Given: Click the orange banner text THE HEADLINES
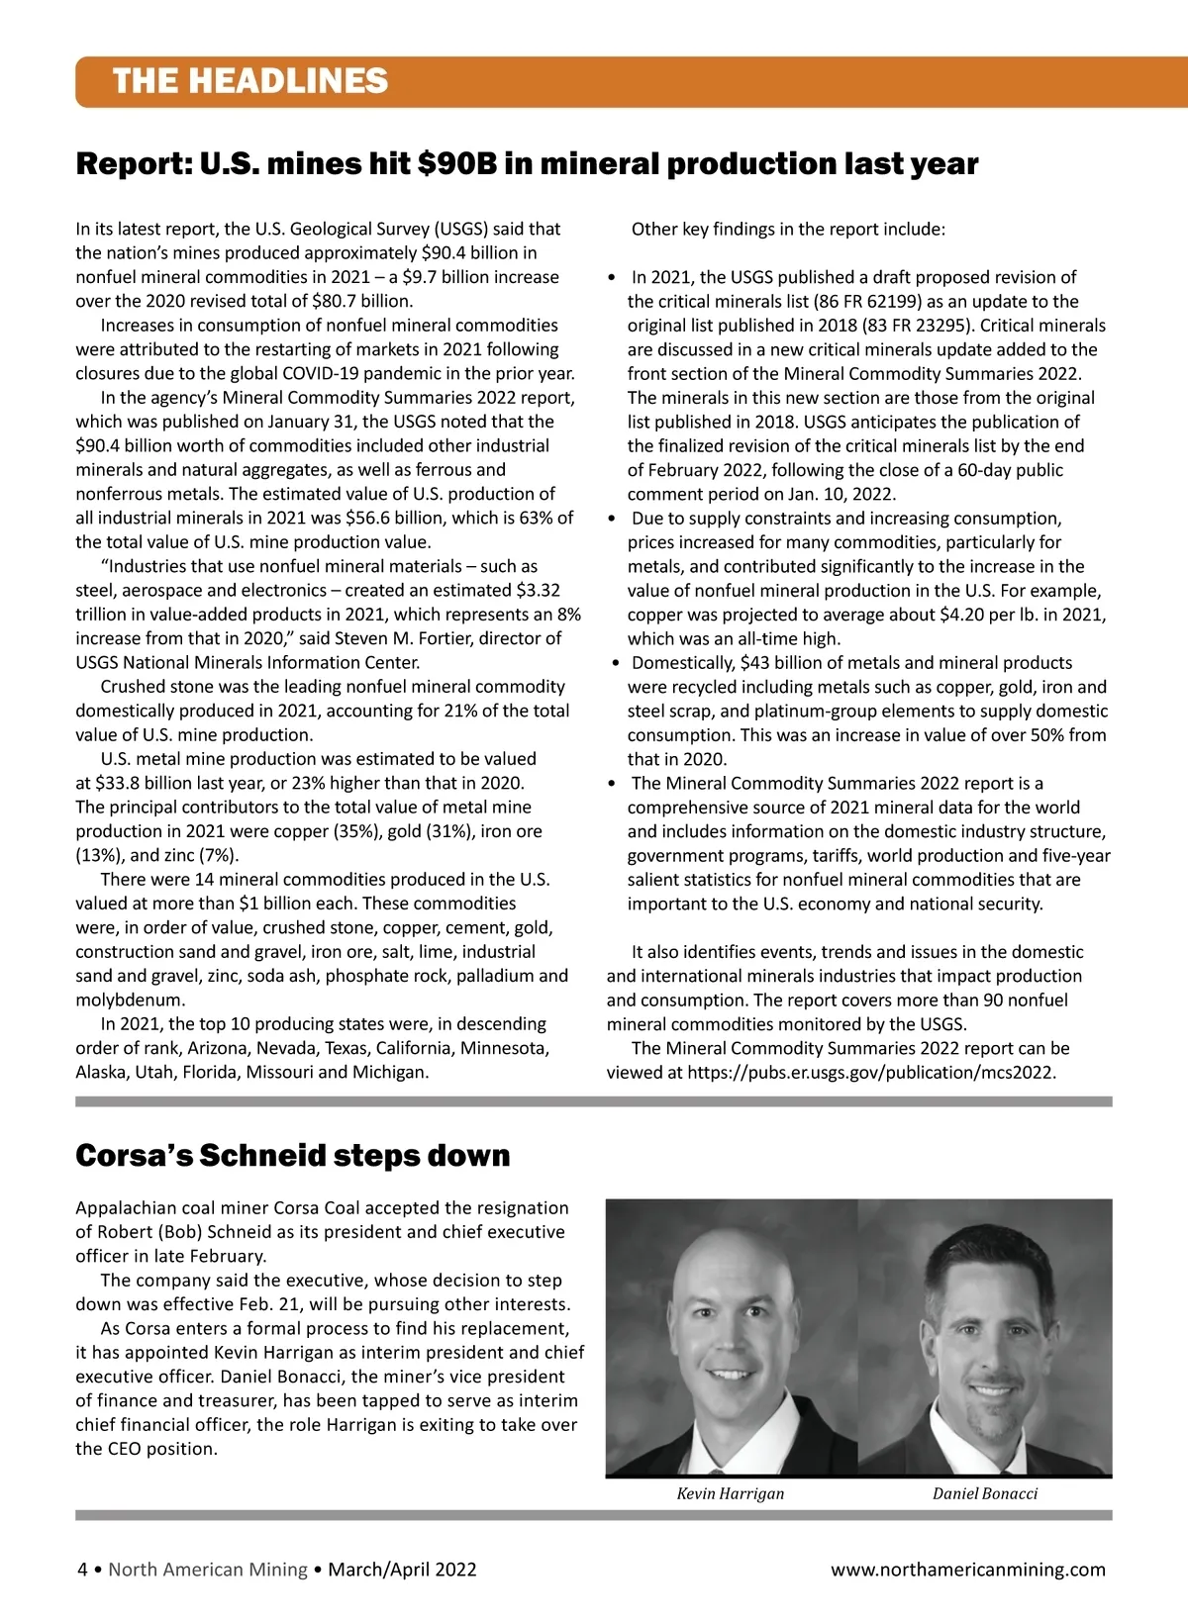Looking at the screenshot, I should (250, 81).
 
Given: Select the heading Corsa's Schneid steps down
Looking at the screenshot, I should (293, 1155).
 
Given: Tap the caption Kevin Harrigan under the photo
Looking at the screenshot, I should (730, 1493).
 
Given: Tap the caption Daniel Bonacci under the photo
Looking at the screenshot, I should (985, 1493).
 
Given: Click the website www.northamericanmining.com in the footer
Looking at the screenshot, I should (967, 1570).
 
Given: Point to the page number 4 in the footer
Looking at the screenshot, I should (83, 1570).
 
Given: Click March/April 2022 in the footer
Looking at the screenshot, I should (402, 1570).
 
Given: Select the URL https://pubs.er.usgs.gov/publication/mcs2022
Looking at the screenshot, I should (871, 1072).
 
